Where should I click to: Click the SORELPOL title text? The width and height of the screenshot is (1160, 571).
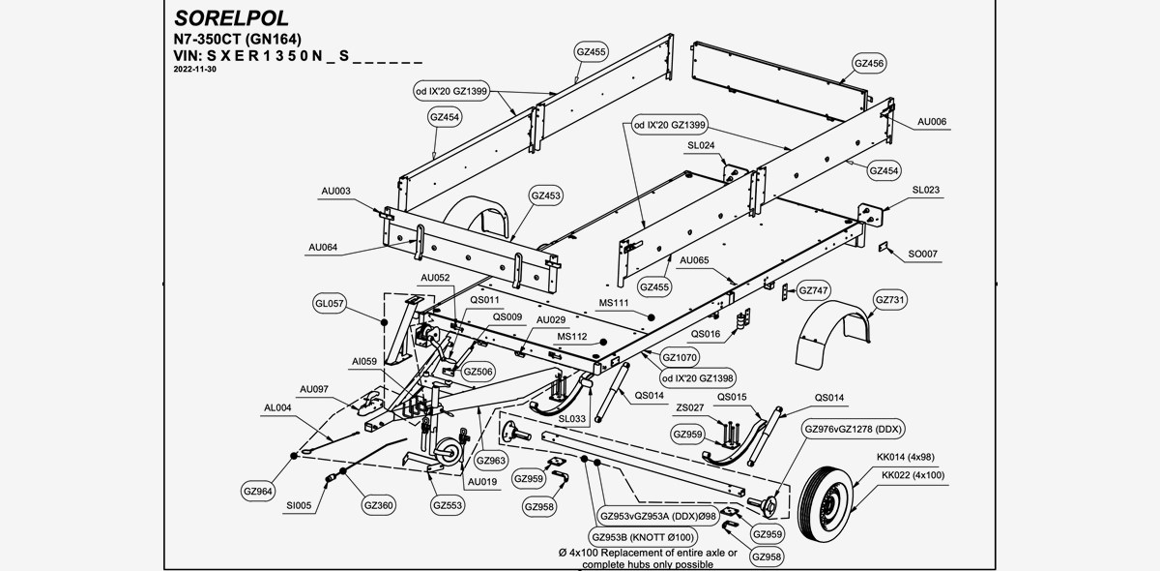click(231, 18)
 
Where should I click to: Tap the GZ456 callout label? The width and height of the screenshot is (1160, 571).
click(869, 63)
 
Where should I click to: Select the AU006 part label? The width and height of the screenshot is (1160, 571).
click(931, 122)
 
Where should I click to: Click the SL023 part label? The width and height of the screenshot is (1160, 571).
click(925, 190)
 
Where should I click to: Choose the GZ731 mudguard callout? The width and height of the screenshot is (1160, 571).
click(890, 301)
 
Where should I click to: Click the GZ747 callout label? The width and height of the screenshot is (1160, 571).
click(814, 290)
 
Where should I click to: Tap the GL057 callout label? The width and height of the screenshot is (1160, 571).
click(330, 303)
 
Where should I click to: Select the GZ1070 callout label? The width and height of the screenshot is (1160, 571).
click(681, 357)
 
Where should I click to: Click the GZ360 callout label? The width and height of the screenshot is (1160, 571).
click(378, 504)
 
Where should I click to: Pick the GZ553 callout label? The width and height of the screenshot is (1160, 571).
click(448, 504)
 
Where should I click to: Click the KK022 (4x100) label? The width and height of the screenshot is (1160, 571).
click(913, 474)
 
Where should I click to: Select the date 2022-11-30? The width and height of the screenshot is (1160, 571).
click(195, 71)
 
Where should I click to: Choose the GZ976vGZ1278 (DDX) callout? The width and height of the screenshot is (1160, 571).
click(854, 429)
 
